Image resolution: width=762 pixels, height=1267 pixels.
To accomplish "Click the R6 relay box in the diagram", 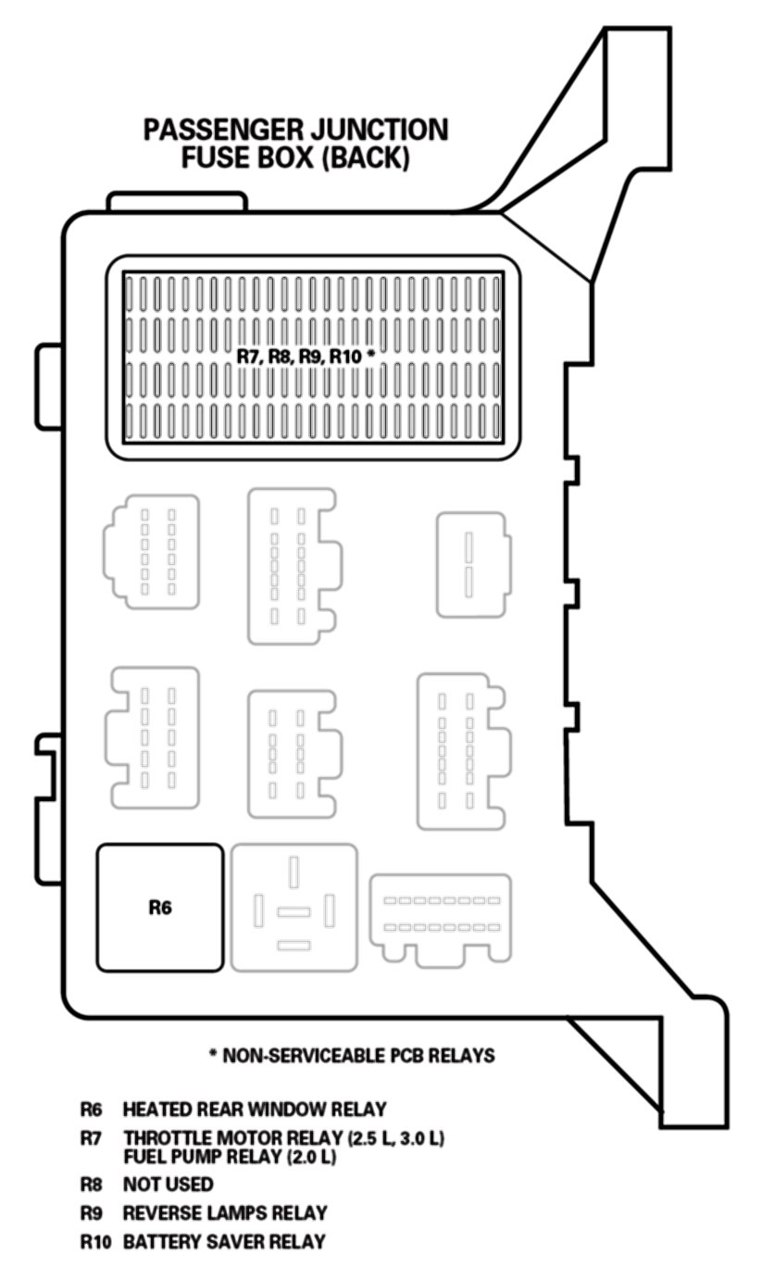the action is pos(160,908).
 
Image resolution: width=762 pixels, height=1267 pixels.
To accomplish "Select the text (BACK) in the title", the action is pos(365,157).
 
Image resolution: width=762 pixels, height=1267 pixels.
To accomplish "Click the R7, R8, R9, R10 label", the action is pos(306,357).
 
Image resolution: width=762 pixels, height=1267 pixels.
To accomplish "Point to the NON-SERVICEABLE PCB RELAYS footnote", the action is pos(352,1056).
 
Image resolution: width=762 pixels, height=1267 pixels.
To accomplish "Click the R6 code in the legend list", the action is pos(91,1110).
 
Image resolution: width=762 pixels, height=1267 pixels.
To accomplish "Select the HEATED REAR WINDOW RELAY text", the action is pos(255,1110).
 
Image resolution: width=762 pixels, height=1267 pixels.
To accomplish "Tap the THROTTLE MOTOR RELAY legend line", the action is pos(283,1137).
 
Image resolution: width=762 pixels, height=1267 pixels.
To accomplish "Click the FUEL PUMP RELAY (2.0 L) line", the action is pos(230,1157).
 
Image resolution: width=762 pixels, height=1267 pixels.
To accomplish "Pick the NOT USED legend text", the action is pos(168,1184).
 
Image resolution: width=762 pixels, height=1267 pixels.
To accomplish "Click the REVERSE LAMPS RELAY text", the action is pos(225,1212).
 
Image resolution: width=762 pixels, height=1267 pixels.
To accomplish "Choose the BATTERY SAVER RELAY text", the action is pos(224,1242).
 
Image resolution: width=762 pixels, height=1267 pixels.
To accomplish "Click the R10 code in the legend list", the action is pos(95,1242).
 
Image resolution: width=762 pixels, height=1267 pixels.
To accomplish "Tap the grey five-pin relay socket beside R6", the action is pos(294,908).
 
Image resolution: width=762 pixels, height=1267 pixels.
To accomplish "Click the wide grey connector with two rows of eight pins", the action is pos(441,919).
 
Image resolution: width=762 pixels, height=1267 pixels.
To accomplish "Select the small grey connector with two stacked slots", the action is pos(474,564).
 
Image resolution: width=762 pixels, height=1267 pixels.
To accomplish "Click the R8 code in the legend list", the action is pos(91,1184).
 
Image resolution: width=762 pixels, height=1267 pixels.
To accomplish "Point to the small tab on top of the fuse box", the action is pos(177,201).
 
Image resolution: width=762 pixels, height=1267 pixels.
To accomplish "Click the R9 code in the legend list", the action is pos(91,1212).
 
